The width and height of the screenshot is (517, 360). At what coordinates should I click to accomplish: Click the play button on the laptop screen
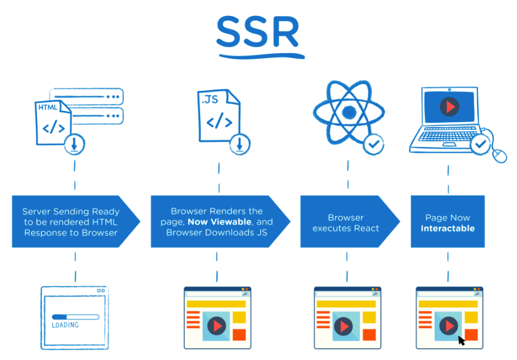(449, 106)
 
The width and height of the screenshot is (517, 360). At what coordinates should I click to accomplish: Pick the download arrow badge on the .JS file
(239, 144)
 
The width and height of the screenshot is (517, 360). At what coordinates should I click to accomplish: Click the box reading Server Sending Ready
(71, 222)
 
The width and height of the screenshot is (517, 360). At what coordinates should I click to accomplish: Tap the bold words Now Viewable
(219, 222)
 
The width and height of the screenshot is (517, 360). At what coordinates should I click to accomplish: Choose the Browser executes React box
(346, 222)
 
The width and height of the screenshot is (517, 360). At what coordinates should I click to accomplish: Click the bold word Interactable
(448, 228)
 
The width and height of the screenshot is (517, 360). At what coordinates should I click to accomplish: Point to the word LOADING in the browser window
(65, 325)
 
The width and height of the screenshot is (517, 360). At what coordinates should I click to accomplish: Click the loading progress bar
(74, 317)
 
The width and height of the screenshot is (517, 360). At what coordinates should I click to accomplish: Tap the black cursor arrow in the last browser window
(461, 340)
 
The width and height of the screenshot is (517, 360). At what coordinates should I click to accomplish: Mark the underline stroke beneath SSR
(260, 56)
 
